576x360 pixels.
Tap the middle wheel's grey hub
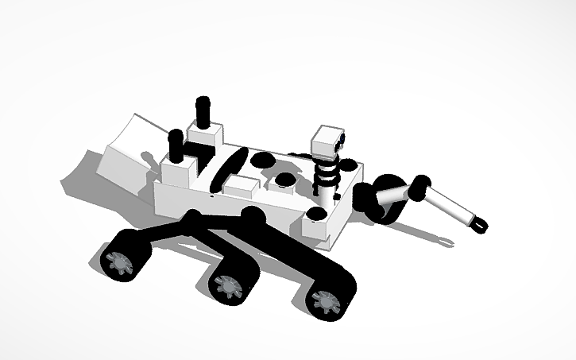pyautogui.click(x=227, y=283)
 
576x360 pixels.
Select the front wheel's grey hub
pyautogui.click(x=324, y=301)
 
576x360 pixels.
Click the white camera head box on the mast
pyautogui.click(x=326, y=140)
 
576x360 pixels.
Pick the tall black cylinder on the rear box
pyautogui.click(x=203, y=111)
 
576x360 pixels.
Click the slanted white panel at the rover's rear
pyautogui.click(x=127, y=151)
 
